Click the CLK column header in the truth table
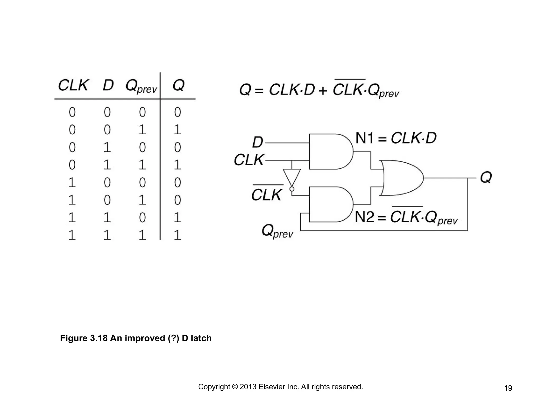73,85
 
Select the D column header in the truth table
108,85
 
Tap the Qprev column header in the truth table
141,86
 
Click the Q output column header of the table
178,85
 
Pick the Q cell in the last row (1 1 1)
178,235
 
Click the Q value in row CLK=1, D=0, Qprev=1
178,200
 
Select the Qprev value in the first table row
142,112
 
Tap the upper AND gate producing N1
330,151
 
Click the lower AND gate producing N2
330,204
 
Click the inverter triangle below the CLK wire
292,177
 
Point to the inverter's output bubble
292,189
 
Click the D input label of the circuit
258,142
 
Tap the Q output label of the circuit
486,177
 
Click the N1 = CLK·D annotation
396,138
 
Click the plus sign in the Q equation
323,91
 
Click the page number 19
508,388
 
